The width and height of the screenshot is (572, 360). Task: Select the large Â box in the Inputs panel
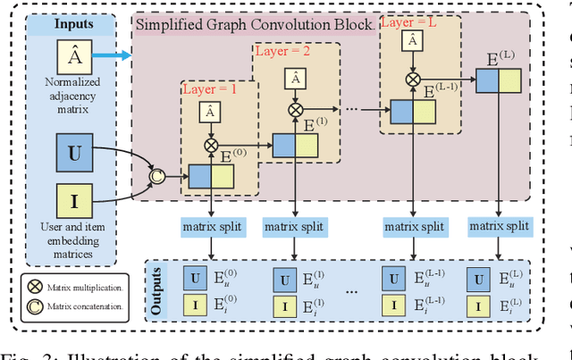(x=74, y=57)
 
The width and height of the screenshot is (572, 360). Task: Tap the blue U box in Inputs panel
(x=74, y=153)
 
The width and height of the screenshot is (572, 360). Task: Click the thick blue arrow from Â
(x=113, y=56)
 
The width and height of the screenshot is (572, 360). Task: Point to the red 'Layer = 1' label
(x=209, y=89)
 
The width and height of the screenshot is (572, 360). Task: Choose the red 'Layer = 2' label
(x=282, y=52)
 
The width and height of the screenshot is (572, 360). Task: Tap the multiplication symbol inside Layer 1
(x=210, y=143)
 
